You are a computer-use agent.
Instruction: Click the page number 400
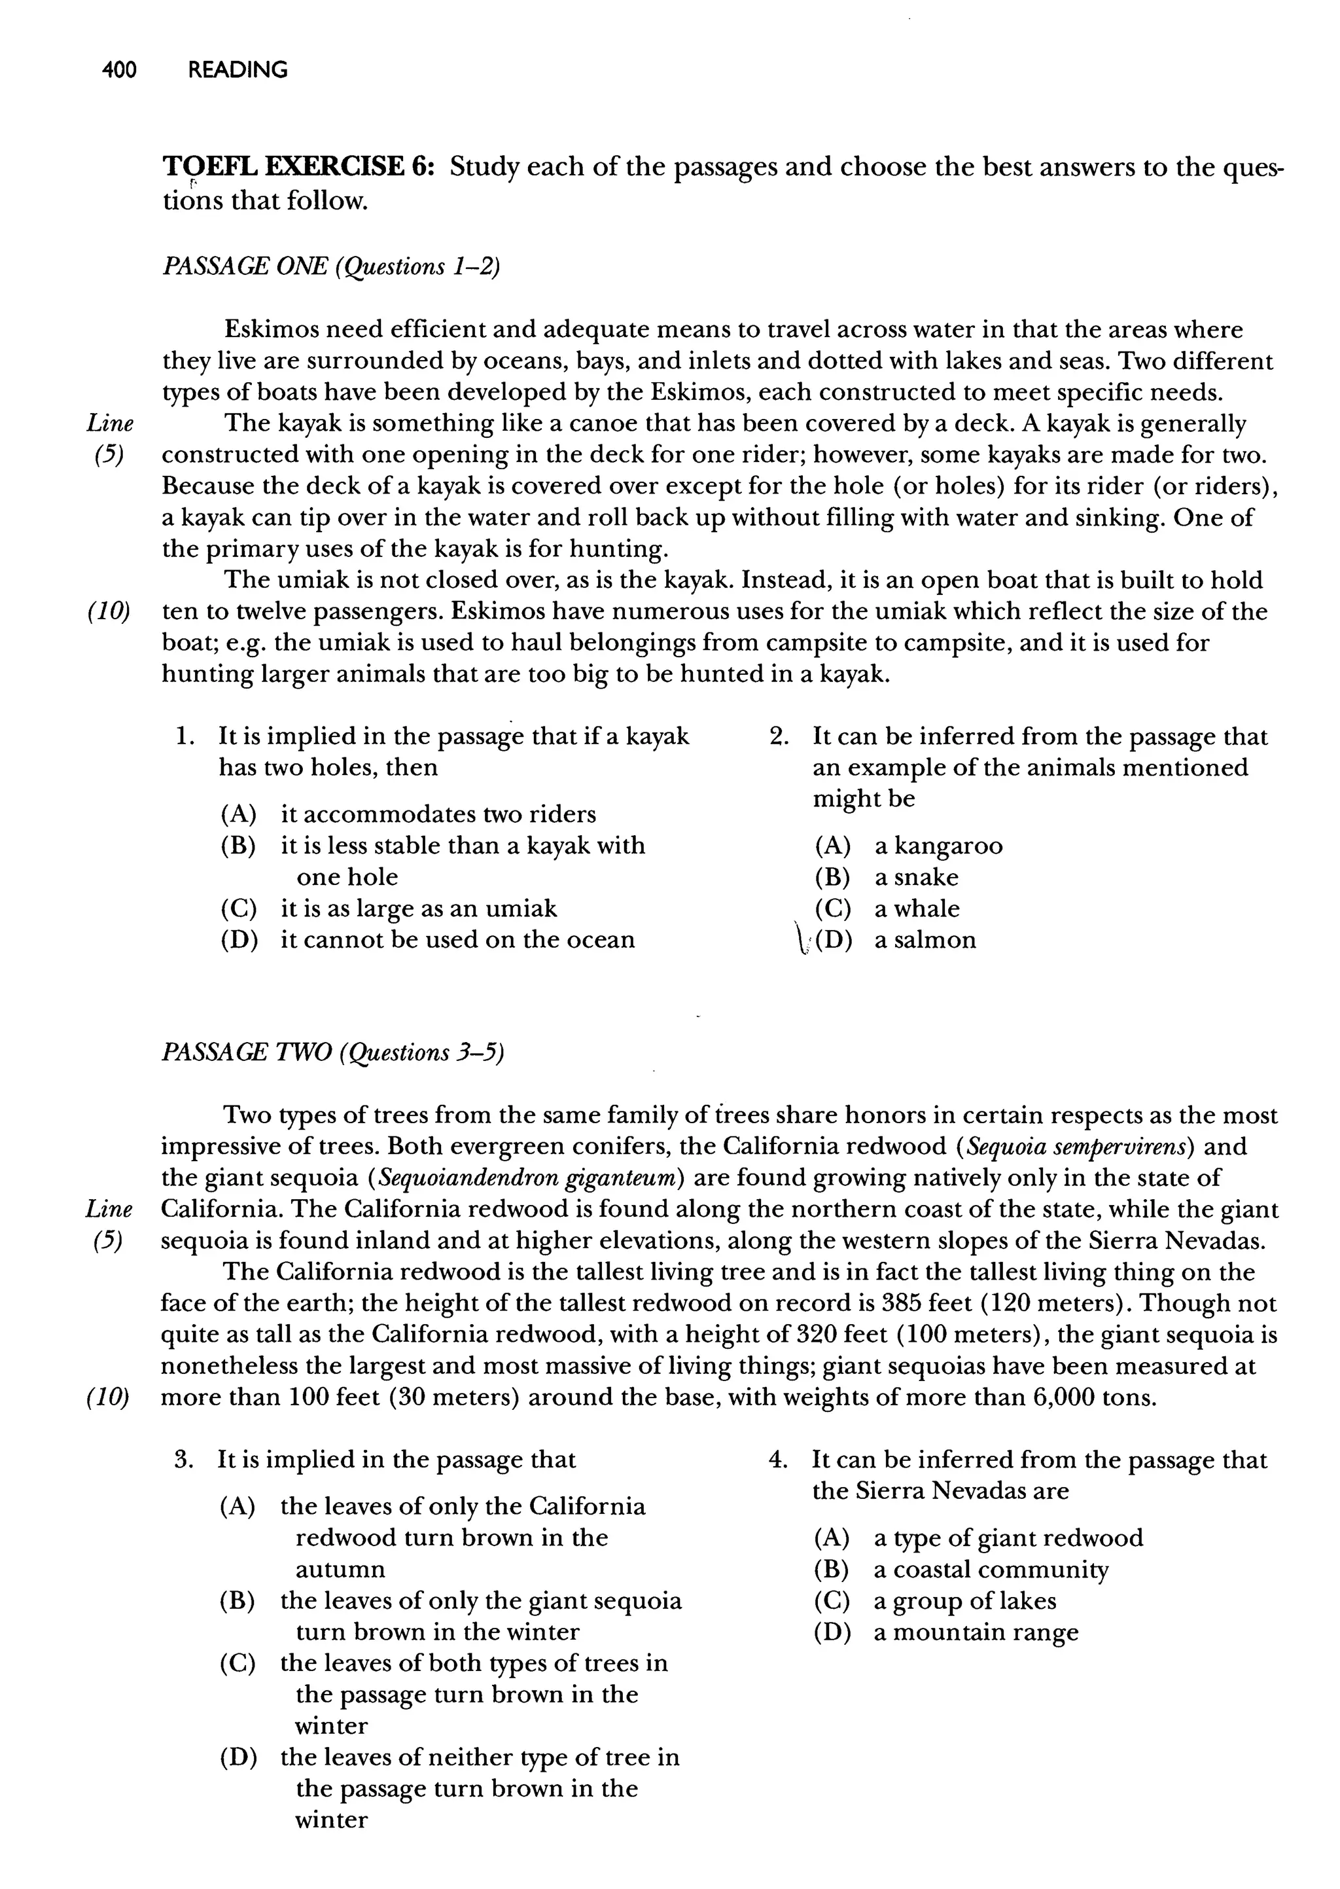(119, 70)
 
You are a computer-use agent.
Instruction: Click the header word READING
(238, 70)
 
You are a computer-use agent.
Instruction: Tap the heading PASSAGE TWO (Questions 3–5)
(332, 1053)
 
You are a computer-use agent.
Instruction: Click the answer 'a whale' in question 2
(917, 909)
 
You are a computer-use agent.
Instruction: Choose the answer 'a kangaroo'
(938, 846)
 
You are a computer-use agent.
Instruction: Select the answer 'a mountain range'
(976, 1632)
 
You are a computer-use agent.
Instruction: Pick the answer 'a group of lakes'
(964, 1601)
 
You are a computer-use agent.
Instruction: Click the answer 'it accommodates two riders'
(438, 814)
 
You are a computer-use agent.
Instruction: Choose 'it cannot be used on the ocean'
(458, 940)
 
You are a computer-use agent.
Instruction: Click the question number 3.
(184, 1460)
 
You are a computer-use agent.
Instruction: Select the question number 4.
(777, 1460)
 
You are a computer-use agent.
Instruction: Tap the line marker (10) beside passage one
(109, 613)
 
